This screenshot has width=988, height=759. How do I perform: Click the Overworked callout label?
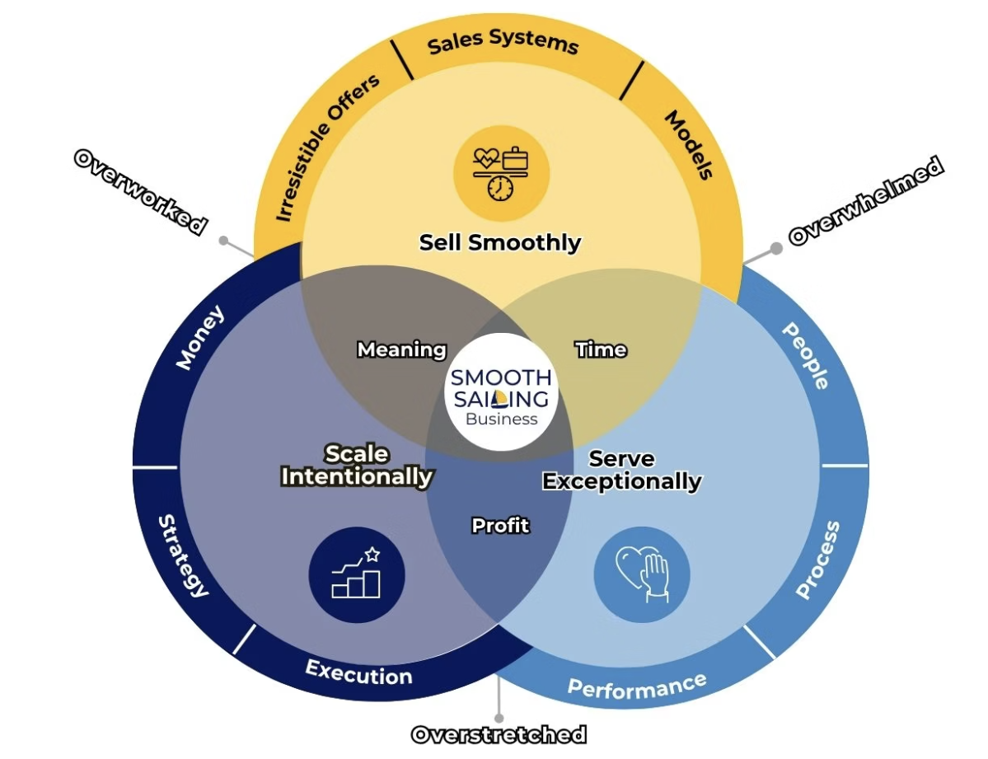(139, 191)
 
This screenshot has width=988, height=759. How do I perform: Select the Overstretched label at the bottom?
(499, 734)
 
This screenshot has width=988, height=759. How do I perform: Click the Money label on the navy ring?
(199, 338)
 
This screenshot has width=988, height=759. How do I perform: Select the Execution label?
(359, 672)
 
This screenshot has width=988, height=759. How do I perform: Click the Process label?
(818, 560)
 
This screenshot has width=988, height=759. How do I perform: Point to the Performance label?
(637, 685)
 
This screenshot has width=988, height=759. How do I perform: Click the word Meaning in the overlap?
(401, 349)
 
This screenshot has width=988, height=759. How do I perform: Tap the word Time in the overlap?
(601, 349)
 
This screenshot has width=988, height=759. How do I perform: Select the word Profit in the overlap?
(500, 525)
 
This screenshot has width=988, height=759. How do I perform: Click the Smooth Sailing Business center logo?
(501, 392)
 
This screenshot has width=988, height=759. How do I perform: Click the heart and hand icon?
(641, 574)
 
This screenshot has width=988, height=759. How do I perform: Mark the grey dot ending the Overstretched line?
(499, 718)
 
